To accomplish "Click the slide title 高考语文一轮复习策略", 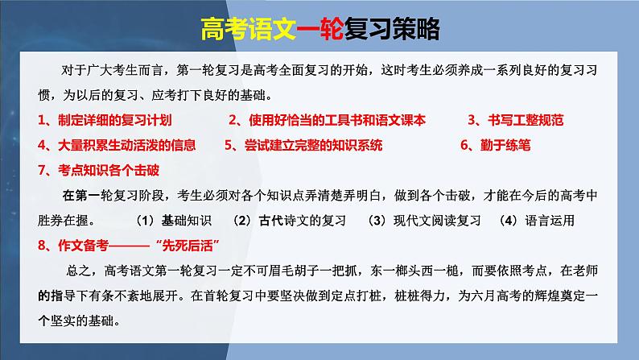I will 319,29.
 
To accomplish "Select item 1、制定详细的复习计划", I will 105,121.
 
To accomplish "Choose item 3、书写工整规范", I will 516,121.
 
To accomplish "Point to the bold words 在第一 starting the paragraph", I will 79,196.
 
